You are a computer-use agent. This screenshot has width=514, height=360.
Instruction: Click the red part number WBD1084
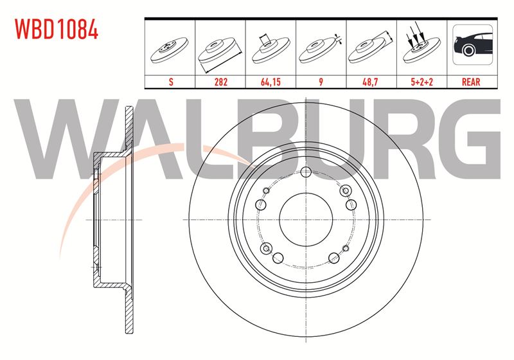point(57,29)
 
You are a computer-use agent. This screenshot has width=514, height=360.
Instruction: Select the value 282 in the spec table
point(220,82)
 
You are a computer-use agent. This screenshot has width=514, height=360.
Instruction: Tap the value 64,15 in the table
point(270,82)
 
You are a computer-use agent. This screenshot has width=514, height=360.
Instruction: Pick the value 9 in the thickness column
point(321,82)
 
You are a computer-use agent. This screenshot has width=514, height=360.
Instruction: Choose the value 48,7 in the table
point(371,82)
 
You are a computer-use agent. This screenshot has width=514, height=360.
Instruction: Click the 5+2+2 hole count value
point(422,82)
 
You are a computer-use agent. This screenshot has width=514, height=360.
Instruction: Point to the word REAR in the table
point(471,82)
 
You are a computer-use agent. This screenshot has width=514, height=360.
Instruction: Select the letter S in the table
point(171,82)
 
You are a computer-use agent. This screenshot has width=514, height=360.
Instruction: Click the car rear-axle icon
point(472,44)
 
